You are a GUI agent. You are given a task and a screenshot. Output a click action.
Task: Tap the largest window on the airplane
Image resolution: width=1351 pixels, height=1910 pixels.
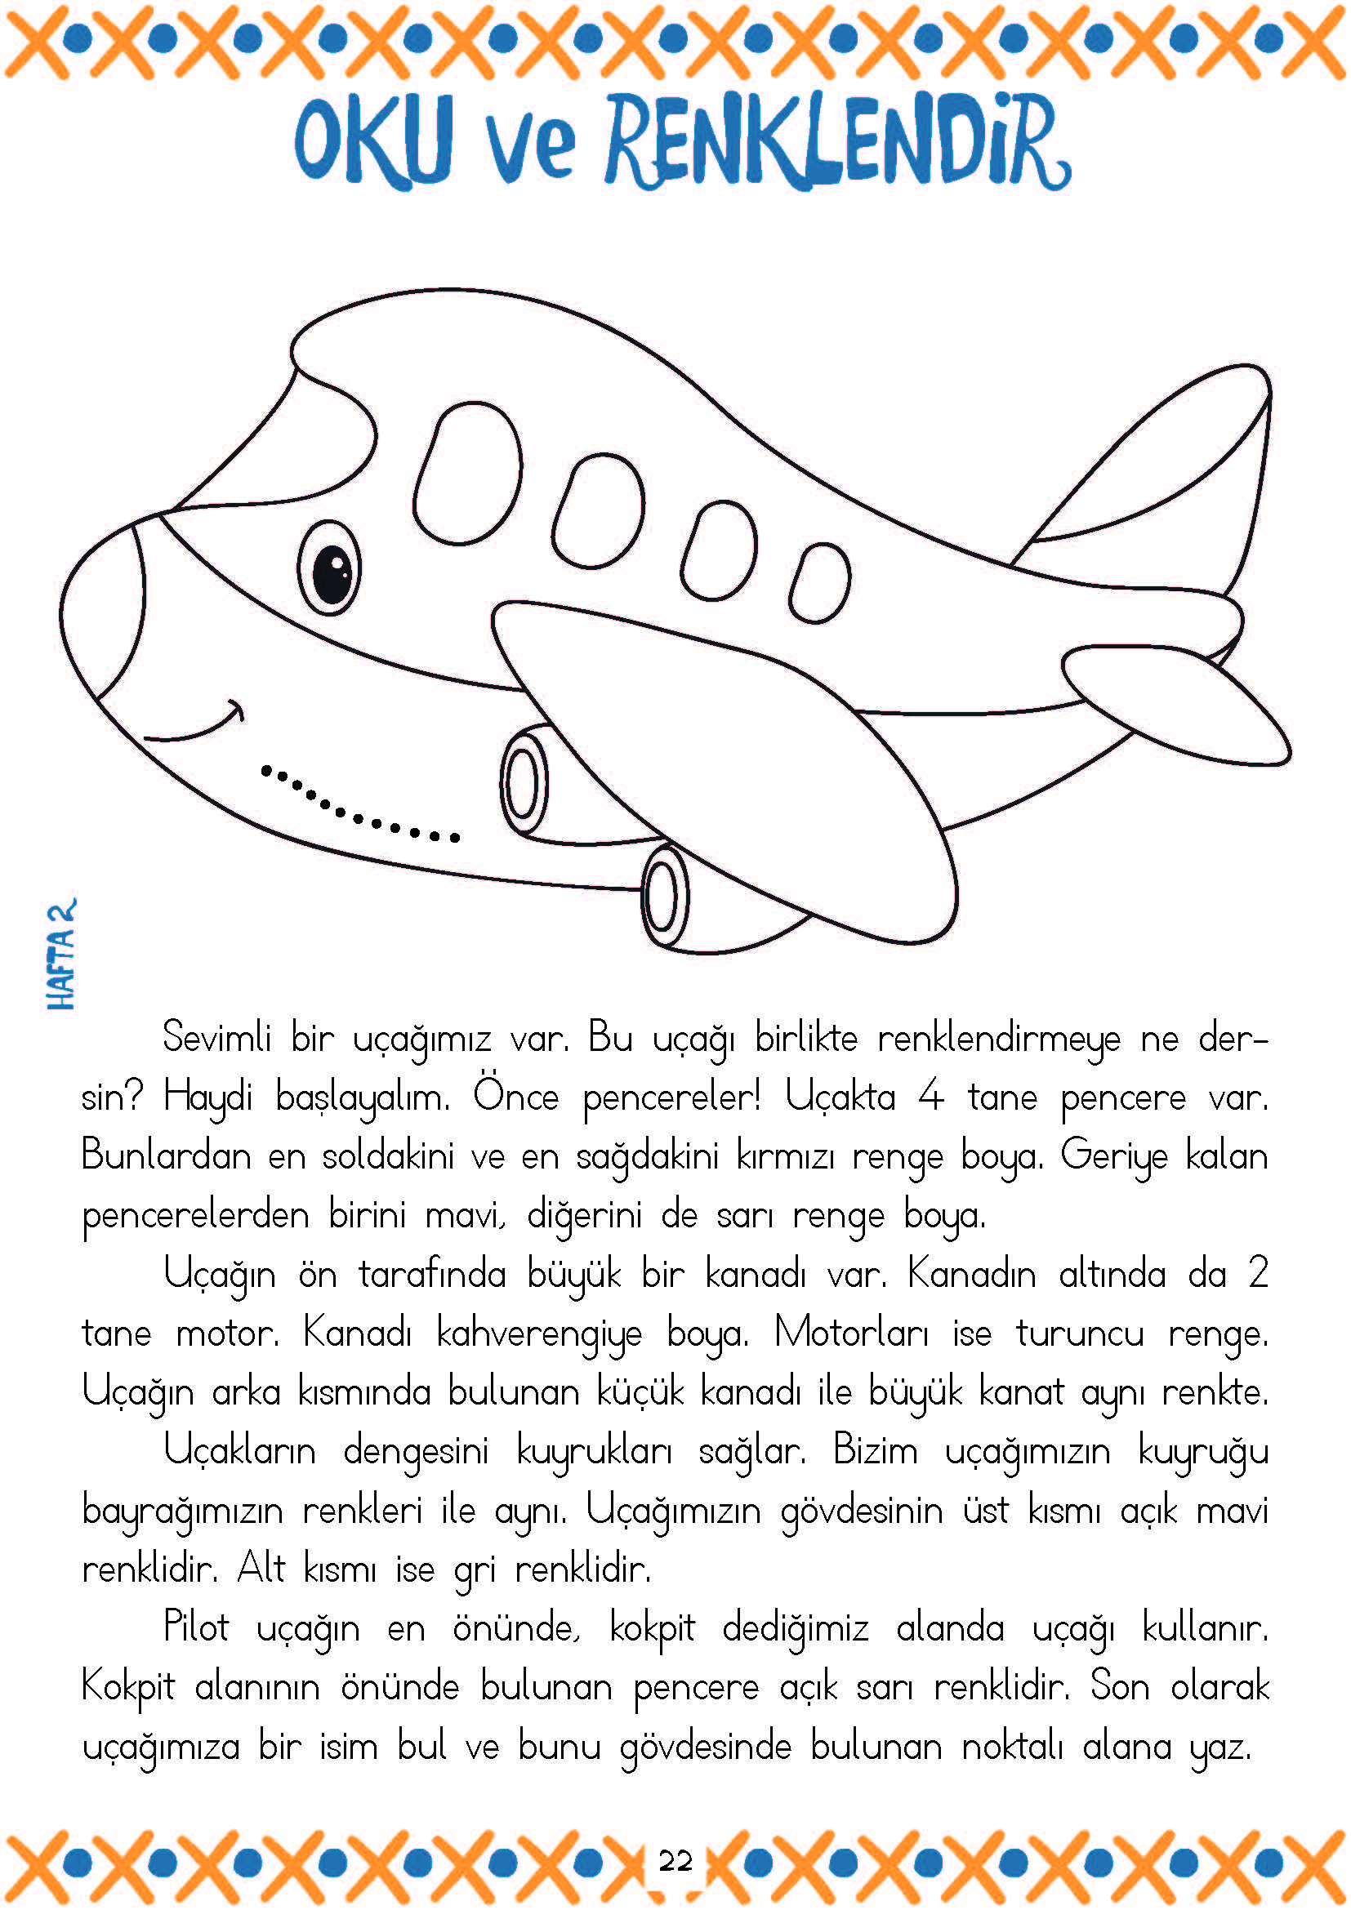(468, 472)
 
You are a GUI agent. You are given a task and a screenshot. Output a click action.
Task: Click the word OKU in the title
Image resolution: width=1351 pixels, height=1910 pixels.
(374, 141)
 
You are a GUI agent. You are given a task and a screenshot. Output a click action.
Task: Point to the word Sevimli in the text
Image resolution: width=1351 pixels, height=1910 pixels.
(216, 1037)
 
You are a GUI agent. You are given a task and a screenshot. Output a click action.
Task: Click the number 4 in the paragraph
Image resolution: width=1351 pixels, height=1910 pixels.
(931, 1097)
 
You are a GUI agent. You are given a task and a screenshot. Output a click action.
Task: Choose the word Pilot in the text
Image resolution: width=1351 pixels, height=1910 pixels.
(195, 1627)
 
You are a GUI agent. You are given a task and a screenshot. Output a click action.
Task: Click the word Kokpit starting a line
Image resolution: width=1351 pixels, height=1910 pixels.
(128, 1687)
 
